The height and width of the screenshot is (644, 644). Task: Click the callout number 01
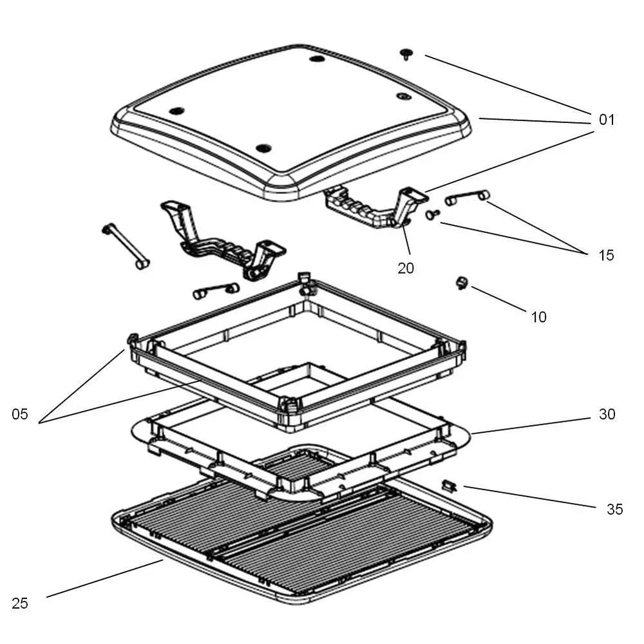pyautogui.click(x=607, y=120)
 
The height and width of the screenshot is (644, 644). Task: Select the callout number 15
pyautogui.click(x=606, y=255)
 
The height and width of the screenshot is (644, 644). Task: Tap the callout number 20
pyautogui.click(x=406, y=268)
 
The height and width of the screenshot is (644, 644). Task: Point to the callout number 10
pyautogui.click(x=538, y=317)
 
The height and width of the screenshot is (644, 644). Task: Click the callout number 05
pyautogui.click(x=20, y=414)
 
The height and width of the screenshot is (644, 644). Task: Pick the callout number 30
pyautogui.click(x=607, y=414)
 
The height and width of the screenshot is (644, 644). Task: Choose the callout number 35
pyautogui.click(x=614, y=509)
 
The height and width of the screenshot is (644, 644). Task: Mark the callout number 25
pyautogui.click(x=20, y=603)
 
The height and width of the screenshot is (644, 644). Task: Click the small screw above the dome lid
pyautogui.click(x=406, y=54)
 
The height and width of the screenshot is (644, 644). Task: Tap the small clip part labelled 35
pyautogui.click(x=449, y=485)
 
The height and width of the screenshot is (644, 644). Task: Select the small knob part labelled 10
pyautogui.click(x=462, y=282)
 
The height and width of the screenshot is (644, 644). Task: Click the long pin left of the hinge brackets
pyautogui.click(x=125, y=246)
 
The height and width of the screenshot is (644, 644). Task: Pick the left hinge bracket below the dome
pyautogui.click(x=219, y=241)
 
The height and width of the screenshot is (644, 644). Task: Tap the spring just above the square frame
pyautogui.click(x=216, y=290)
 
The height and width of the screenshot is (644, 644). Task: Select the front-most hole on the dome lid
pyautogui.click(x=262, y=148)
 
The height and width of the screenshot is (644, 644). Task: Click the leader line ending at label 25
pyautogui.click(x=103, y=579)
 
